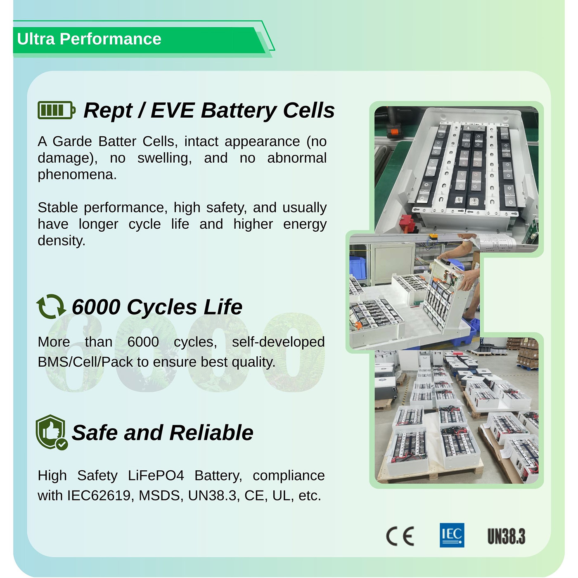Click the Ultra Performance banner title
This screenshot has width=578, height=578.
click(x=89, y=39)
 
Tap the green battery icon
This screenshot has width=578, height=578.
click(x=57, y=110)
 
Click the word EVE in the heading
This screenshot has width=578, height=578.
click(x=173, y=111)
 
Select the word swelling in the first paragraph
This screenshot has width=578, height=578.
click(x=164, y=158)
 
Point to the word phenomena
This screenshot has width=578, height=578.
click(x=77, y=175)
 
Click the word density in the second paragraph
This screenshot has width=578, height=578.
click(x=61, y=241)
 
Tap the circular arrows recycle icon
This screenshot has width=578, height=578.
click(x=51, y=306)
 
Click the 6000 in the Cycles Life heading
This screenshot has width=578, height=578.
click(x=96, y=307)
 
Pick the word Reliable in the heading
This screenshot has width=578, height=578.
click(x=211, y=433)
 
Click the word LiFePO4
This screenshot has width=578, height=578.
click(x=156, y=476)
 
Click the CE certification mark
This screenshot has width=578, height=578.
click(x=400, y=536)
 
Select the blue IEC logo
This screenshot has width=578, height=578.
click(x=452, y=535)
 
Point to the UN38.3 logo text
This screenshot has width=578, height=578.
click(x=506, y=536)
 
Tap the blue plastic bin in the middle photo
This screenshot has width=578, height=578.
click(x=358, y=266)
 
